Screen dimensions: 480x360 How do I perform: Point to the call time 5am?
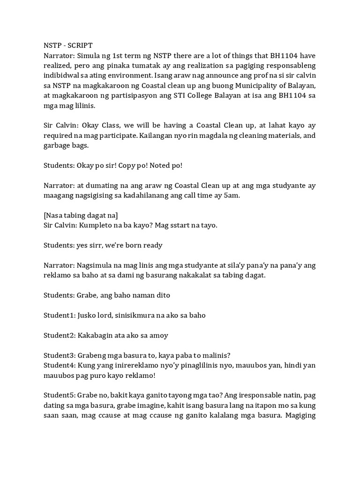click(x=231, y=196)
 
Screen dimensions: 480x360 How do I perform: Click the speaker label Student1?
click(x=60, y=315)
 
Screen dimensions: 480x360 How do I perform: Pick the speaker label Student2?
click(x=60, y=335)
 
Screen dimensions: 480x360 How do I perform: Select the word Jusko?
click(x=90, y=315)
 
